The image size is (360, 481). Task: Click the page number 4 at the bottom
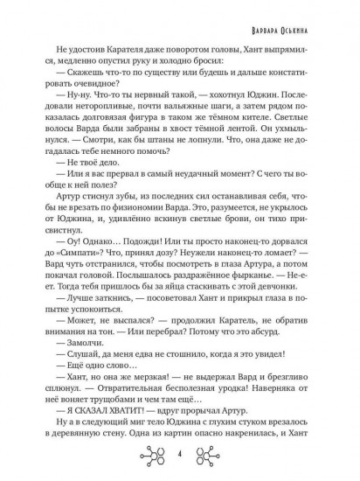(179, 456)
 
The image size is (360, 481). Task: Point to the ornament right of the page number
(211, 455)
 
